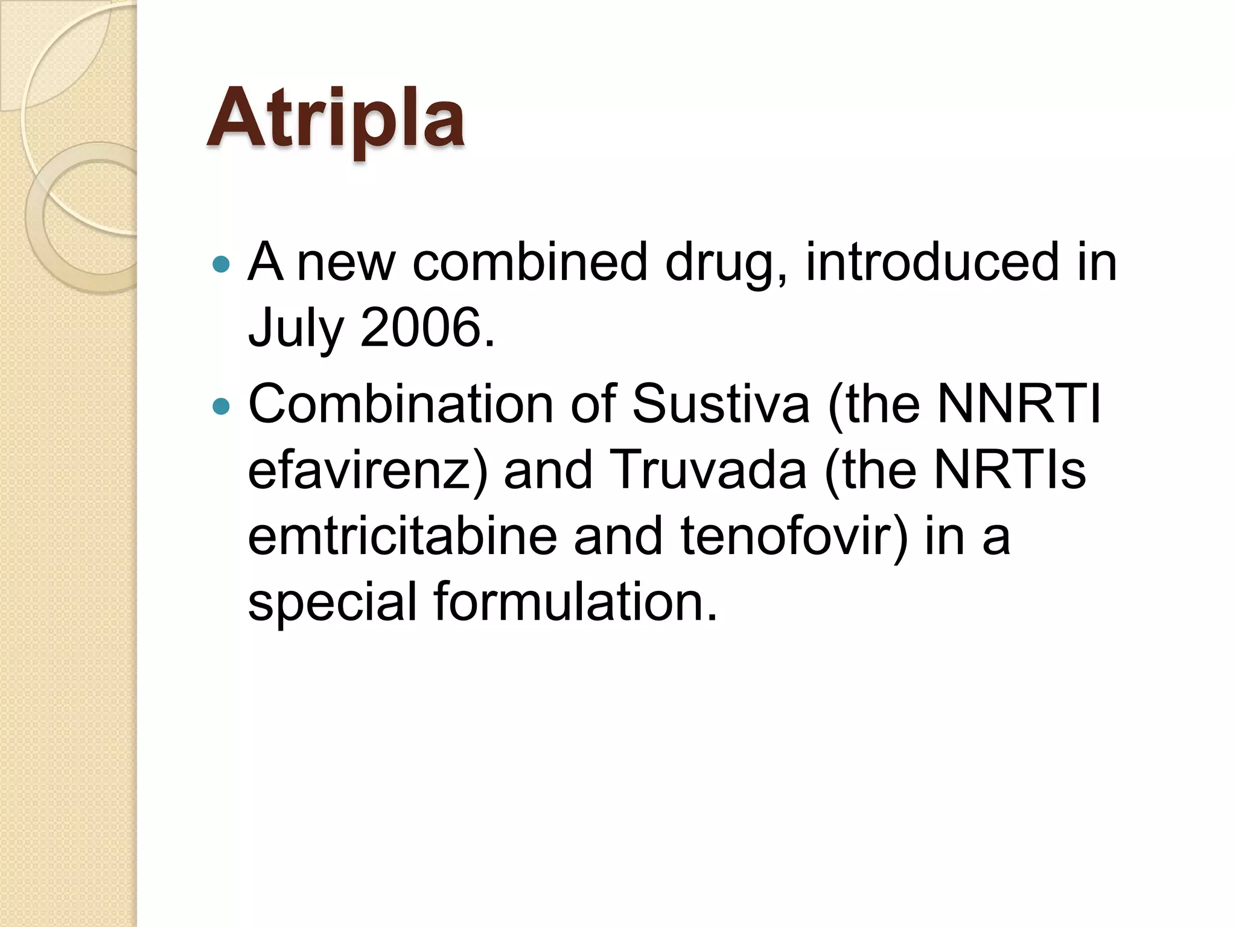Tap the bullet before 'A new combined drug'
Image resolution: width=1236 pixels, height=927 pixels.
click(222, 264)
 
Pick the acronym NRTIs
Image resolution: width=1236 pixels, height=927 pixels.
click(1010, 470)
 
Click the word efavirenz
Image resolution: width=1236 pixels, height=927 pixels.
click(367, 471)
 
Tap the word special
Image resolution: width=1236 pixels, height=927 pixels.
click(333, 603)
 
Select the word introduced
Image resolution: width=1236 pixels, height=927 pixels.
click(932, 262)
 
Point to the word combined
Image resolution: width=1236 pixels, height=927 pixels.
click(530, 262)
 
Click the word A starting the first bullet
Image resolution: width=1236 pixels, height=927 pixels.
click(266, 262)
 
